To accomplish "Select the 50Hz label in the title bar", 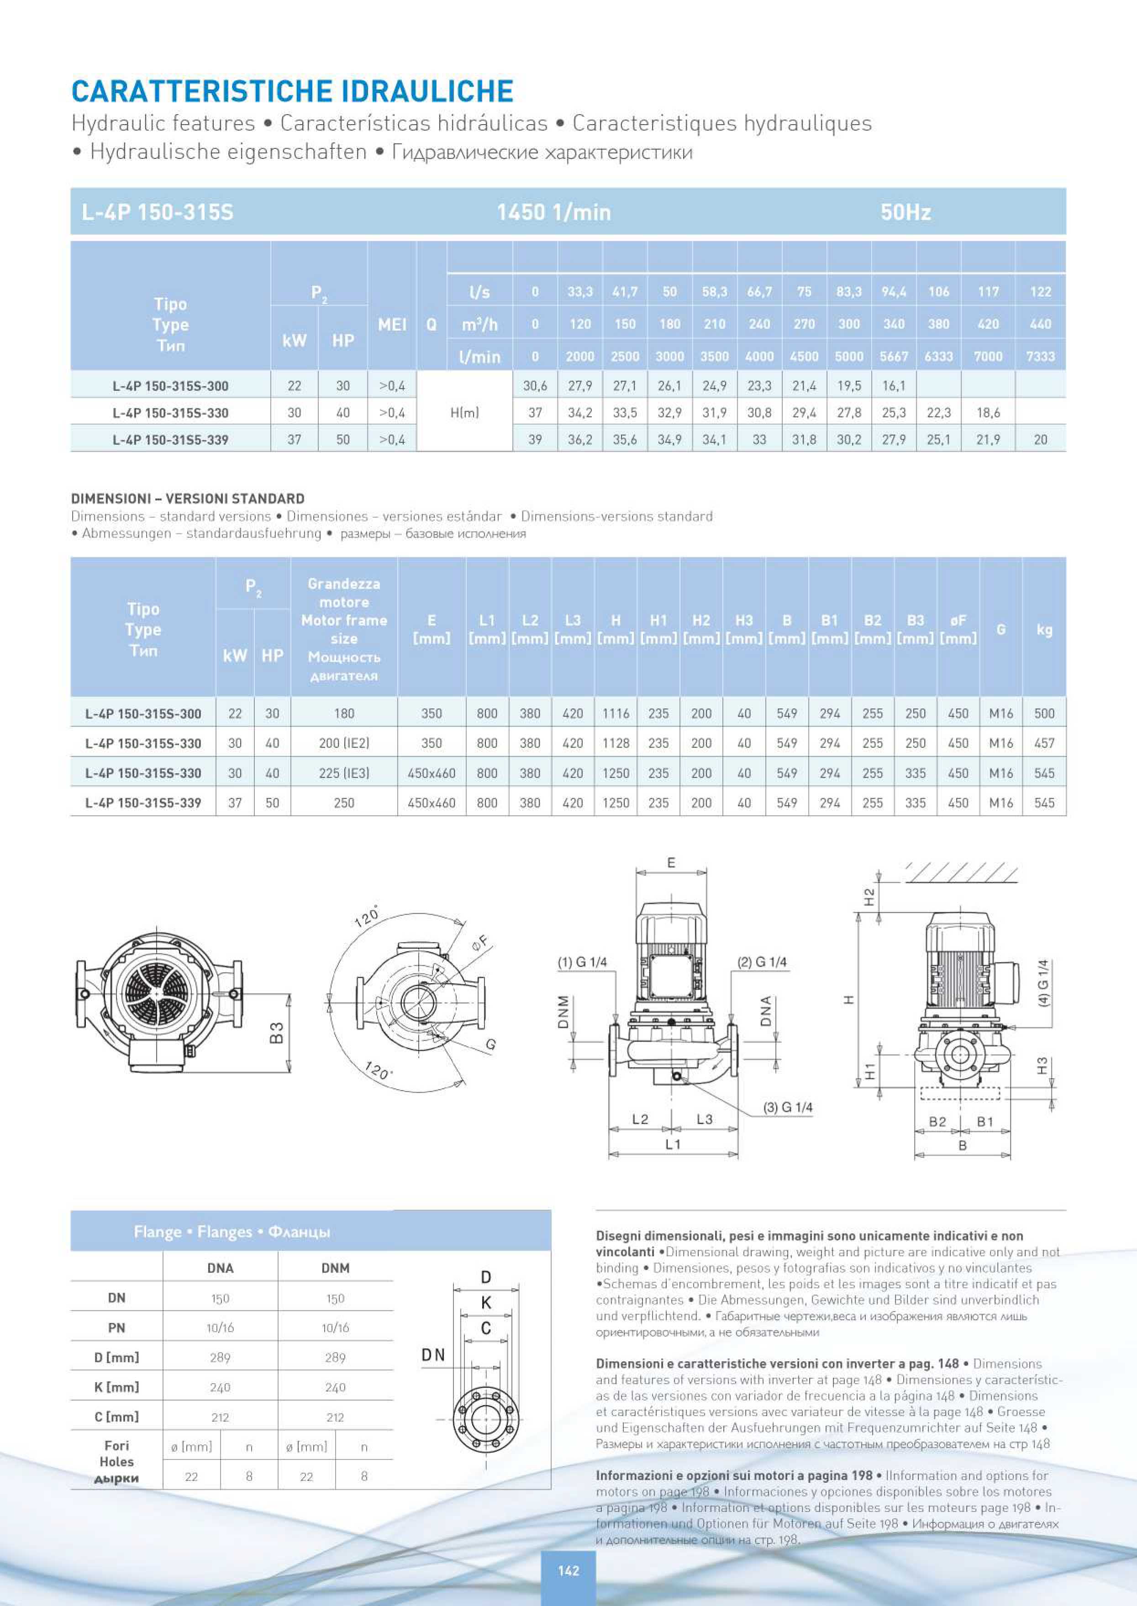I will point(905,212).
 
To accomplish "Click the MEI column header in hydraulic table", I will point(392,324).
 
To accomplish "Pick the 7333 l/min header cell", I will point(1040,356).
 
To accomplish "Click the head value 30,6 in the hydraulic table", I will point(535,386).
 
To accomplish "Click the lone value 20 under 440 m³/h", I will point(1040,440).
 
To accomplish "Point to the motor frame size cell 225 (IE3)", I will point(344,773).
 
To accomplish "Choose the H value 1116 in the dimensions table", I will point(616,713).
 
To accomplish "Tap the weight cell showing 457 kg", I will point(1044,743).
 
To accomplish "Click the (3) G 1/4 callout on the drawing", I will point(788,1107).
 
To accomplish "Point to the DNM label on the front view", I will point(562,1012).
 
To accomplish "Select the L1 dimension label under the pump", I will point(673,1144).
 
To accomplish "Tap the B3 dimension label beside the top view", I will point(277,1032).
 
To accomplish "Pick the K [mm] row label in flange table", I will point(116,1387).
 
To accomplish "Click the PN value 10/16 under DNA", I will point(220,1327).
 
